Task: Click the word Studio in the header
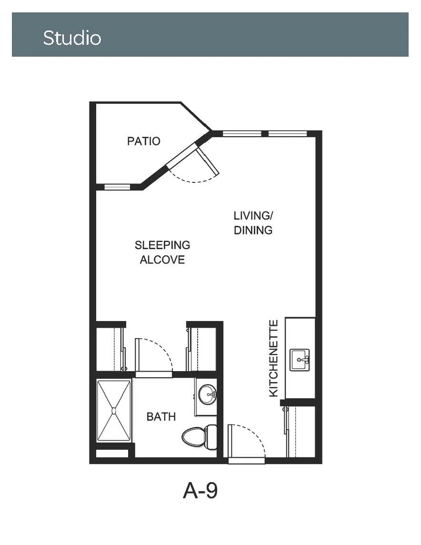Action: pos(72,38)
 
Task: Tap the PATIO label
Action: pos(143,141)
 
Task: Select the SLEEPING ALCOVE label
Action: pos(162,252)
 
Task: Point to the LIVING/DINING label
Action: pos(253,223)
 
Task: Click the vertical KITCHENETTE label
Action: pos(274,358)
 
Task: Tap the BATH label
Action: pos(161,416)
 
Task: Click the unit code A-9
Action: pos(200,491)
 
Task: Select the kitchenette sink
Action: pos(300,360)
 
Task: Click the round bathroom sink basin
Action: pos(207,394)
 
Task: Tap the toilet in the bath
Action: pos(200,437)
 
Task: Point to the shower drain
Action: pos(114,411)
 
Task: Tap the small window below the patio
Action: pos(118,187)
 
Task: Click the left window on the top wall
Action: pos(242,133)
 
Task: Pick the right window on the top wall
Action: pos(288,133)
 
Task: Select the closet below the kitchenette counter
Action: pos(301,431)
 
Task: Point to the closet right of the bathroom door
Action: pos(202,349)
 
